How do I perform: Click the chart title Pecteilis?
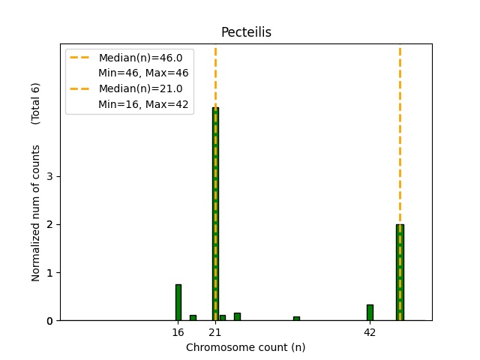[245, 32]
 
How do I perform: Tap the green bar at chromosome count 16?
[178, 302]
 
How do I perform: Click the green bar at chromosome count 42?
[370, 312]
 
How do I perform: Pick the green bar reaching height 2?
[400, 272]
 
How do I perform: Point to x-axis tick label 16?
[178, 332]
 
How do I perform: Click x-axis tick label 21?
[215, 332]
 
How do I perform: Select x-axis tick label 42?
[370, 332]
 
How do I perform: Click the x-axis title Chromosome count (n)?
[245, 347]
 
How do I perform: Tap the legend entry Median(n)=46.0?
[135, 58]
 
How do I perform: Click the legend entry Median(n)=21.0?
[135, 88]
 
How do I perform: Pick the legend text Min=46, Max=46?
[143, 73]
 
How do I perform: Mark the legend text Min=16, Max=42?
[143, 104]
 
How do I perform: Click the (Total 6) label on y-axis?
[36, 103]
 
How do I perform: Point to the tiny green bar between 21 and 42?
[296, 318]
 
